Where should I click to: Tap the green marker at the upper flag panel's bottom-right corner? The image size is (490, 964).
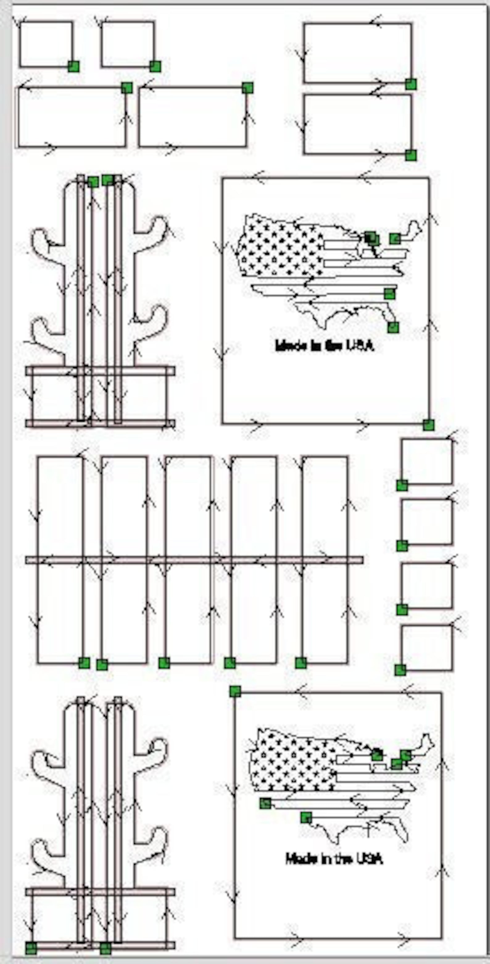(429, 425)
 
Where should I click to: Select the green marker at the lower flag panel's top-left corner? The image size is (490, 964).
(235, 692)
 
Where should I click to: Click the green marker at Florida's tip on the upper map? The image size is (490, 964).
(393, 327)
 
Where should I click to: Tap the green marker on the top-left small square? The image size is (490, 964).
(74, 67)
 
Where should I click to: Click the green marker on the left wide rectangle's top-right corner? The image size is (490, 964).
(127, 88)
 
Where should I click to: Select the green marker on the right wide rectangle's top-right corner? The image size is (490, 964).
(247, 88)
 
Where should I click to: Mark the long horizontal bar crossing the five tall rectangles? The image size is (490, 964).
(195, 560)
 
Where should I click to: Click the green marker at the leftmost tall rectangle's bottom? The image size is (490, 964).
(84, 663)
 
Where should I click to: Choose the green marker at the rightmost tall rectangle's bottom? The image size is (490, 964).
(301, 663)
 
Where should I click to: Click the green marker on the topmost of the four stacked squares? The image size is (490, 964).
(402, 485)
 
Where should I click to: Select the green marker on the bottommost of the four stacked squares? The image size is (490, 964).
(400, 670)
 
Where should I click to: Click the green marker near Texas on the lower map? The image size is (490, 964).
(306, 818)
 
